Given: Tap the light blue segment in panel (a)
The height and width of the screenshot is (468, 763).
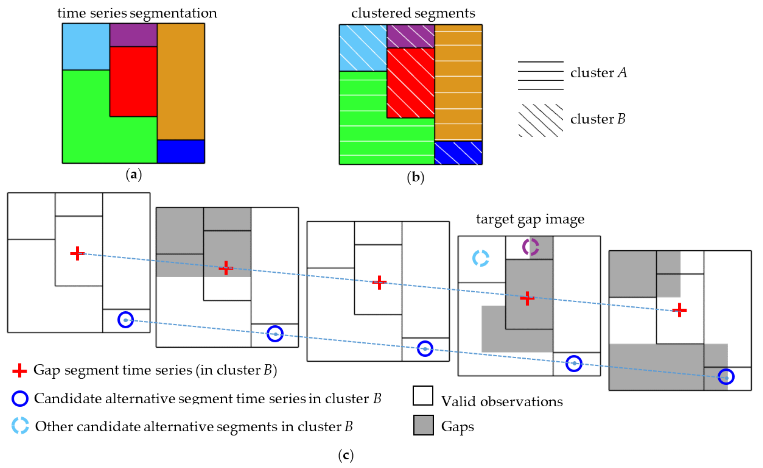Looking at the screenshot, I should (86, 46).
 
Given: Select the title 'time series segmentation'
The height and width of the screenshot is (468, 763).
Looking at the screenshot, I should (137, 13).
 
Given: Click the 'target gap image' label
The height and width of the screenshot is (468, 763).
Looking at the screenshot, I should (530, 219).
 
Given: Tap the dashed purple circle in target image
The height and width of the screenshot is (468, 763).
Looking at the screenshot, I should (531, 247).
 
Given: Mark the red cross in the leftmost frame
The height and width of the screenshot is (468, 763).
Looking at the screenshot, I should (77, 254).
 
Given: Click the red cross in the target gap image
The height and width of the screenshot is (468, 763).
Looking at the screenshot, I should (527, 298).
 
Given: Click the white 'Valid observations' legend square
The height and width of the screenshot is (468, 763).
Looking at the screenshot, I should (423, 395).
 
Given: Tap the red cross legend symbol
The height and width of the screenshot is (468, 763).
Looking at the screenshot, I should (19, 370).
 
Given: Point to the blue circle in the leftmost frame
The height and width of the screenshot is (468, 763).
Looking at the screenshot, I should (126, 319).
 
